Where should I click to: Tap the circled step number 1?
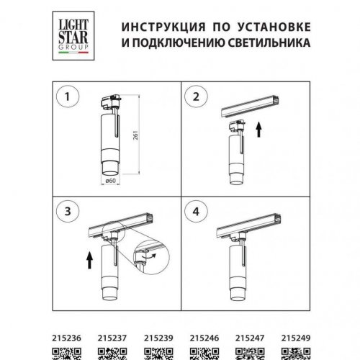tap(69, 96)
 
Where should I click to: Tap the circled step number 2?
tap(194, 96)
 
